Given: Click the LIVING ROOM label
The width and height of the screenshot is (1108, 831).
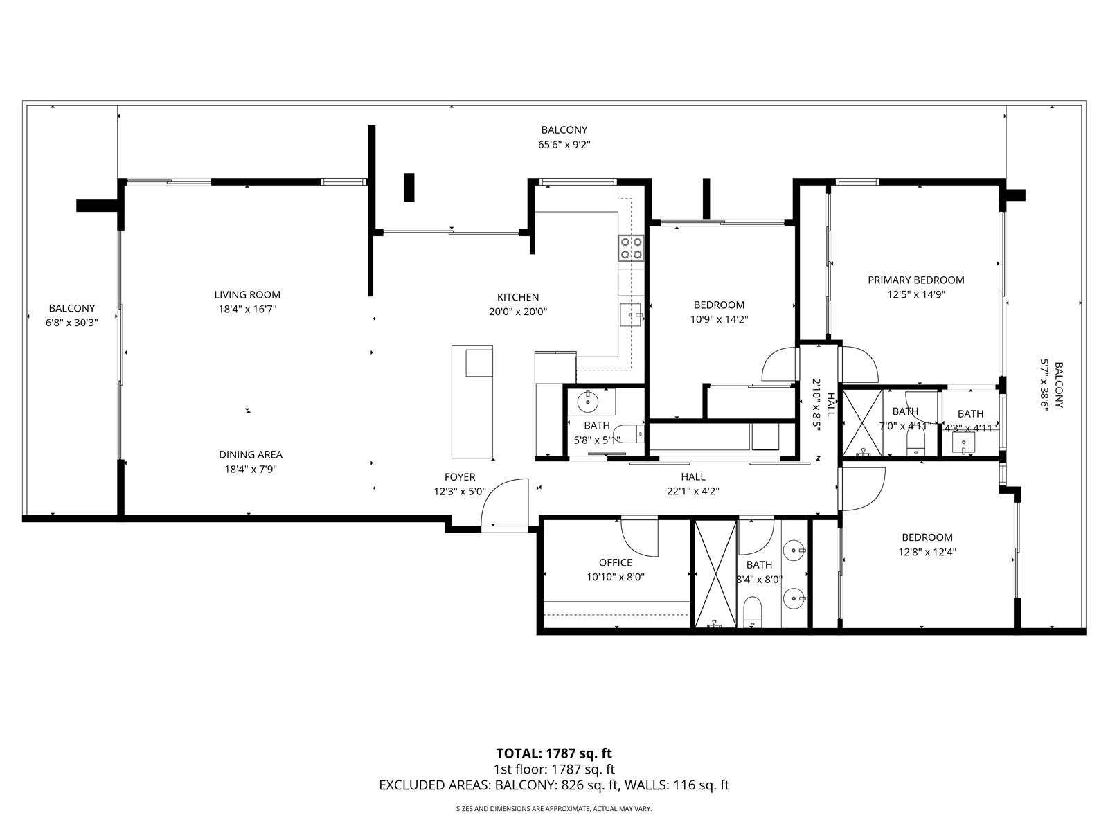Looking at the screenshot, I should coord(247,294).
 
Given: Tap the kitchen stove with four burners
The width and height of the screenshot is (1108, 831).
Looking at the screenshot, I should coord(631,249).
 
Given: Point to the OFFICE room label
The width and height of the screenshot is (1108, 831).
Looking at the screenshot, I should coord(615,562).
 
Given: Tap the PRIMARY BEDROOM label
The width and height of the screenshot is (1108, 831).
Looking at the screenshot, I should coord(915,280).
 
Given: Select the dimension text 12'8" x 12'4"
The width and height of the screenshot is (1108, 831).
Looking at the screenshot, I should coord(927,552).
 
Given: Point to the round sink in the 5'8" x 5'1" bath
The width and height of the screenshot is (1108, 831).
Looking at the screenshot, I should coord(589,400).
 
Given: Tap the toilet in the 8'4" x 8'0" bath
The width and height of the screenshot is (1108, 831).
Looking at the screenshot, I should coord(752,612).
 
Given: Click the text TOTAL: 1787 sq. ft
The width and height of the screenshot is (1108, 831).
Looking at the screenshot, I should coord(553,753).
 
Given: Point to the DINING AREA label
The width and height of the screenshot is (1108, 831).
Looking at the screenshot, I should coord(250,454).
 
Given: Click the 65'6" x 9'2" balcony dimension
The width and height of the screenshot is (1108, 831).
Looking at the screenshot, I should coord(564,145).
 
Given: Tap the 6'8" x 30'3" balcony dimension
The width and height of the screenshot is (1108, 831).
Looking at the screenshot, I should coord(71,322).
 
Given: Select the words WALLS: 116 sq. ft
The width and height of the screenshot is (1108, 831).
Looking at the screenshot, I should coord(677,785).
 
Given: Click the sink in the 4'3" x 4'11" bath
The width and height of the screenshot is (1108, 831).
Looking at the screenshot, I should coord(963,442).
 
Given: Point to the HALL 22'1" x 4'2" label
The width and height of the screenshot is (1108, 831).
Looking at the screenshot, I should coord(692,476).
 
